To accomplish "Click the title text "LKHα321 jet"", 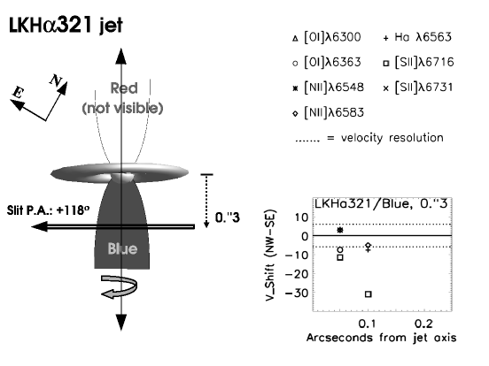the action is [x=66, y=25].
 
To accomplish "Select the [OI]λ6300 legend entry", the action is [x=327, y=37].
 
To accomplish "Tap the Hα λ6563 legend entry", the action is [x=417, y=37].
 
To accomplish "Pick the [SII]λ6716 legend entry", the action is [x=418, y=62].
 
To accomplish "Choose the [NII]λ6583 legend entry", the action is [x=328, y=112].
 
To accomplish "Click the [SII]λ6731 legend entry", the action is [x=418, y=88].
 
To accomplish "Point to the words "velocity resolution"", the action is [x=392, y=138].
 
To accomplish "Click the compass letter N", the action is [x=56, y=80].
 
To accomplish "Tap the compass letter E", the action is [x=18, y=93].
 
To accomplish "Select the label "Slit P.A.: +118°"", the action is [x=48, y=210].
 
